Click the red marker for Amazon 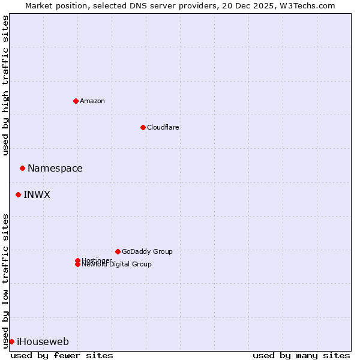[76, 101]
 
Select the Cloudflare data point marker [143, 127]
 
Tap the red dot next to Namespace [22, 168]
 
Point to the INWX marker [18, 194]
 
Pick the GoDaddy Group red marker [118, 251]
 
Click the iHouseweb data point [11, 341]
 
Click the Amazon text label [92, 101]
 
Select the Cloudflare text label [163, 127]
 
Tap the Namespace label [55, 168]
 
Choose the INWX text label [37, 194]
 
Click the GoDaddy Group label [147, 251]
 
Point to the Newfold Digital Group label [116, 264]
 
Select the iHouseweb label [43, 341]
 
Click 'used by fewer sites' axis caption [62, 355]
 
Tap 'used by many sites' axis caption [301, 355]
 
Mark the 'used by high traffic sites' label [5, 85]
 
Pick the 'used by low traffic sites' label [5, 281]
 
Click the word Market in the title [38, 5]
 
